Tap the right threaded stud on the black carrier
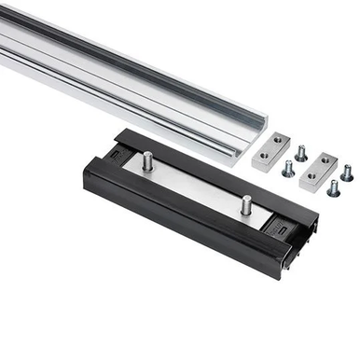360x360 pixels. [x=247, y=203]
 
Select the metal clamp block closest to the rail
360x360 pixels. [x=272, y=148]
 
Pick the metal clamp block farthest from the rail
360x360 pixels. [x=314, y=167]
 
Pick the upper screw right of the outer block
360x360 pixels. [x=346, y=173]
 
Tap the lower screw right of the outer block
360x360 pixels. [x=333, y=187]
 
